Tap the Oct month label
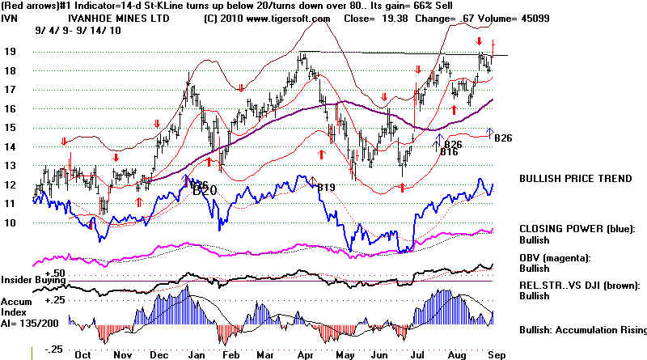coord(82,353)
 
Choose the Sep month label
coord(501,353)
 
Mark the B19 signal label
coord(325,188)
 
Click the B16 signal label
coord(450,150)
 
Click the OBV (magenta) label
coord(557,257)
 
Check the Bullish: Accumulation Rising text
coord(582,330)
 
